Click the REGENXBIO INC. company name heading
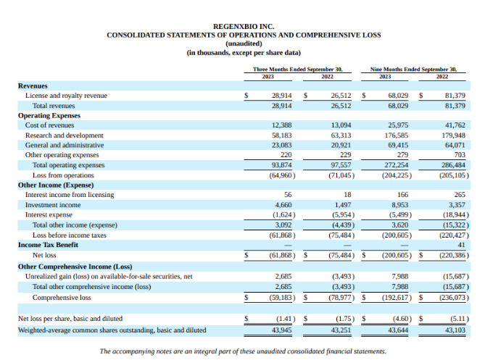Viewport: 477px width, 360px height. (238, 26)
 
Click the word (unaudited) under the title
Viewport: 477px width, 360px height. (238, 43)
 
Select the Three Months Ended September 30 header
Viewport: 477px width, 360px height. (297, 70)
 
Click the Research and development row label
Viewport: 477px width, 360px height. (61, 135)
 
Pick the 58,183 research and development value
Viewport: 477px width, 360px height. (281, 135)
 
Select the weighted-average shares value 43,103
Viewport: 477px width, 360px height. (454, 330)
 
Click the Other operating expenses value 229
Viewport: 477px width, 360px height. (345, 155)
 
